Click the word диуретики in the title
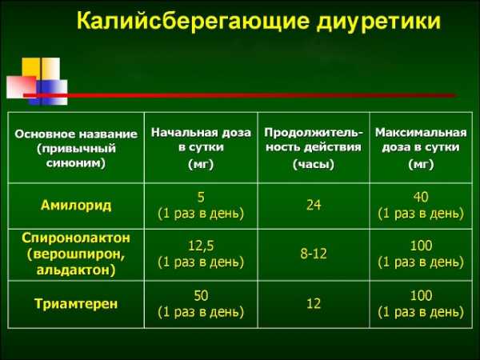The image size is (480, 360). click(x=379, y=22)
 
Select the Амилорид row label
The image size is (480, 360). click(x=76, y=205)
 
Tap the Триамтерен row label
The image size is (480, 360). click(x=76, y=304)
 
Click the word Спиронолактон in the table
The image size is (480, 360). click(x=76, y=238)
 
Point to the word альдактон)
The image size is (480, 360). click(x=76, y=270)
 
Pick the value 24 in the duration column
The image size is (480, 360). click(x=314, y=205)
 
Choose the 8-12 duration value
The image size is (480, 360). click(x=314, y=254)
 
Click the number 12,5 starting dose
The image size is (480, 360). click(x=201, y=246)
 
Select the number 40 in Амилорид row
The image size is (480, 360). click(x=421, y=197)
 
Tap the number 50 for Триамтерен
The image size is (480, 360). click(x=201, y=295)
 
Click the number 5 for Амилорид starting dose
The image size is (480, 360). click(x=201, y=197)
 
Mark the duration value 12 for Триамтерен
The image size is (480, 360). click(x=314, y=303)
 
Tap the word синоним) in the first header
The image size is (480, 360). click(x=76, y=163)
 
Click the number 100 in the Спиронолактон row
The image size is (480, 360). click(x=421, y=246)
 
